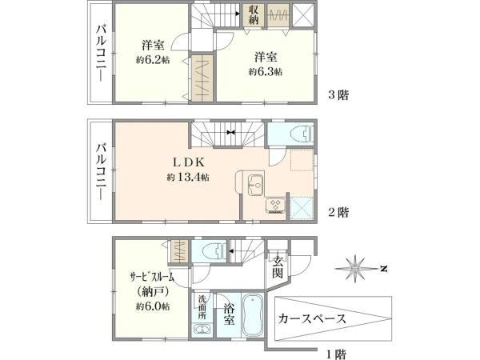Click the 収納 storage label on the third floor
tap(254, 14)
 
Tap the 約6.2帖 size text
tap(153, 60)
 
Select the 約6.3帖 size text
tap(266, 72)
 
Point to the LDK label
tap(189, 162)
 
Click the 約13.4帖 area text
tap(188, 177)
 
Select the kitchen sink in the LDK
tap(255, 185)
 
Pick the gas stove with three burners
tap(275, 206)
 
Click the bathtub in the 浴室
tap(253, 315)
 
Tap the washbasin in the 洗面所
tap(202, 330)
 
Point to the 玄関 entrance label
tap(278, 267)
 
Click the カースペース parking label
tap(312, 318)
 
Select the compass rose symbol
tap(355, 269)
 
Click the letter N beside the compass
tap(384, 269)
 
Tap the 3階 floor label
tap(338, 95)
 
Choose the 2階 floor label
tap(338, 212)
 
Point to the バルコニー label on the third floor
tap(102, 54)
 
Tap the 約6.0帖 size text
tap(153, 306)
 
